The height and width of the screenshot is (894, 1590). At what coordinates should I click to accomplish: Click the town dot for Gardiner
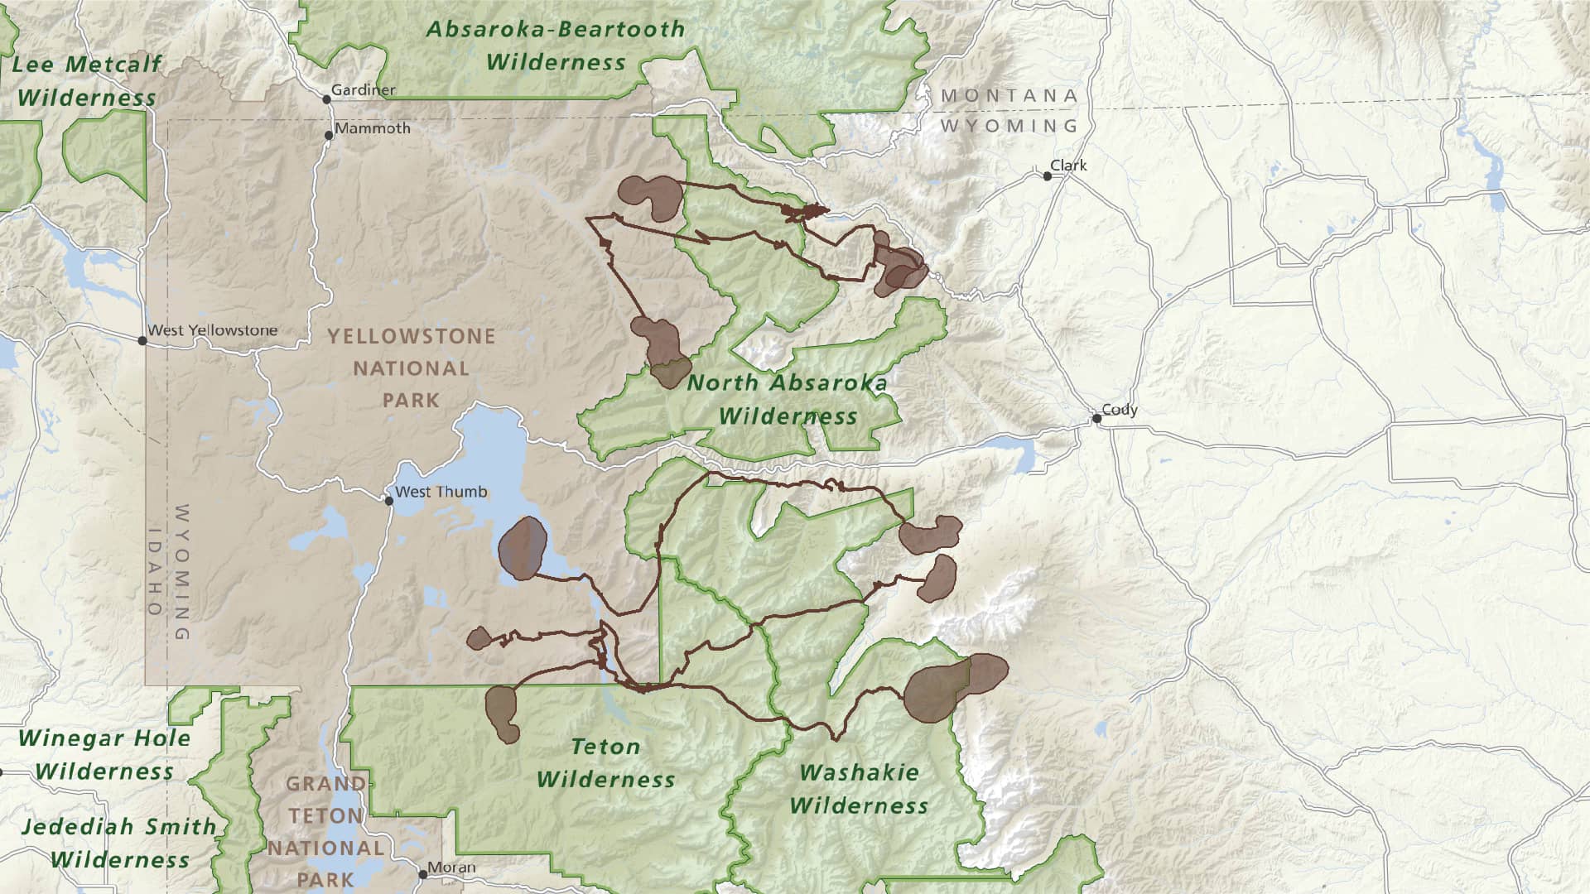(327, 99)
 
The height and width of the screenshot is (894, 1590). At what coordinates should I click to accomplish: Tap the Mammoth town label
(372, 128)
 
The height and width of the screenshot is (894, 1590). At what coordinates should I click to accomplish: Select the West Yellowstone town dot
(142, 340)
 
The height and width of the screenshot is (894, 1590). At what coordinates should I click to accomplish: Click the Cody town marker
(1097, 419)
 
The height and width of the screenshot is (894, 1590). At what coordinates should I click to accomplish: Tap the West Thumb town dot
(388, 501)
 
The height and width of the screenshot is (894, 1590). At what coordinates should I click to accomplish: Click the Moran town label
(451, 868)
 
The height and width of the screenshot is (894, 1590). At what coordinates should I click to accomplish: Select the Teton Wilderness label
(606, 763)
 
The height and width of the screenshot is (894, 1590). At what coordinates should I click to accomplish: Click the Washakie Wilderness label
(859, 789)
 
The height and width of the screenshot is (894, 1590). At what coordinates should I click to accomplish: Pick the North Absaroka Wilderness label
(787, 399)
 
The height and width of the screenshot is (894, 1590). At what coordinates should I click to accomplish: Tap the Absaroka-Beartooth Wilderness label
(556, 46)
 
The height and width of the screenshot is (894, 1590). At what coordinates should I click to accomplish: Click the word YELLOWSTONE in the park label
(411, 337)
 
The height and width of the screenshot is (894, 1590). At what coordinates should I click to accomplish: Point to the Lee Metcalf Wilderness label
(86, 80)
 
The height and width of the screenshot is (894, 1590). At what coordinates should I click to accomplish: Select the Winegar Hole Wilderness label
(104, 755)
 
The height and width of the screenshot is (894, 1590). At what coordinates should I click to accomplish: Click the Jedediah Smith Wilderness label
(119, 843)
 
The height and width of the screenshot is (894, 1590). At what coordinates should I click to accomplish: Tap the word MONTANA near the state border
(1009, 96)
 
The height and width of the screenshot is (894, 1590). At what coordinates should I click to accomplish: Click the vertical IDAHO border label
(155, 571)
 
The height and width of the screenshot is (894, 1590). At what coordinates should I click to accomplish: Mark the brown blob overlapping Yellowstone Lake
(523, 547)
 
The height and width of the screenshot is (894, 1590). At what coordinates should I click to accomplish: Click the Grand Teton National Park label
(325, 831)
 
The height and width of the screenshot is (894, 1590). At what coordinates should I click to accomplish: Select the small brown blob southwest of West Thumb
(479, 638)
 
